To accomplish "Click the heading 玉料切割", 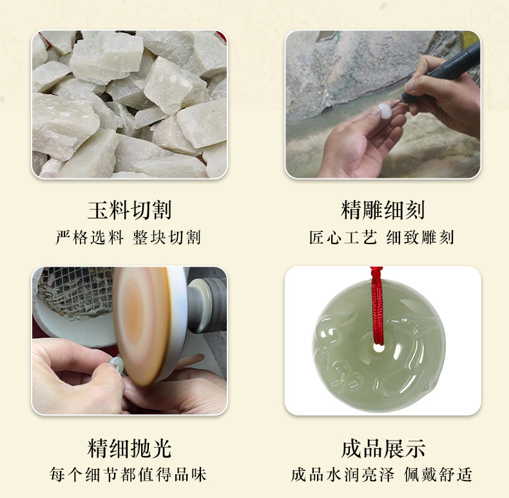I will pos(129,210).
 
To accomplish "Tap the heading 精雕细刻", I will pos(383,210).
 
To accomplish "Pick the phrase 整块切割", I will pos(167,238).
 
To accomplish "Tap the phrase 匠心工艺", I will pos(343,238).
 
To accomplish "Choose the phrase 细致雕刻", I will pos(420,238).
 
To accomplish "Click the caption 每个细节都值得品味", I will pos(129,475).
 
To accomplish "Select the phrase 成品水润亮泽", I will pos(342,475).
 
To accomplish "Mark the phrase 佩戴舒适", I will pos(438,475).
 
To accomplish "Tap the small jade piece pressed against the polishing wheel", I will pos(116,364).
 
